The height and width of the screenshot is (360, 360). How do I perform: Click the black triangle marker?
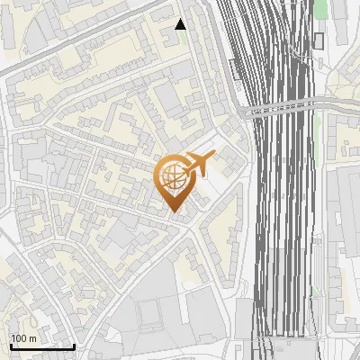click(x=180, y=24)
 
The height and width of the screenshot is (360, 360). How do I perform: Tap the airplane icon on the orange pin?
click(x=198, y=164)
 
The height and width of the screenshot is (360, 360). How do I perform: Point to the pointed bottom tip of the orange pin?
click(x=173, y=212)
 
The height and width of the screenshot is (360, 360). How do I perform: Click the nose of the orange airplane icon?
click(x=213, y=157)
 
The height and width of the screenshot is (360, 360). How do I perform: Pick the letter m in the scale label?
click(x=32, y=337)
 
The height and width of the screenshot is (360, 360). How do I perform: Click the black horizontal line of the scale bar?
click(x=41, y=346)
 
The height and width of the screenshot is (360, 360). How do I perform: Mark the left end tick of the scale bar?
click(x=10, y=345)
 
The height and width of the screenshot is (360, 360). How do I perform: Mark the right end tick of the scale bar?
click(x=74, y=345)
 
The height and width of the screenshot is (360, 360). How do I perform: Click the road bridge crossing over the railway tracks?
click(x=283, y=110)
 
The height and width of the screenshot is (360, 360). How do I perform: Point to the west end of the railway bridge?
click(x=245, y=112)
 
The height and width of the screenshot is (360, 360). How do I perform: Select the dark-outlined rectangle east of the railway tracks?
click(x=319, y=40)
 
